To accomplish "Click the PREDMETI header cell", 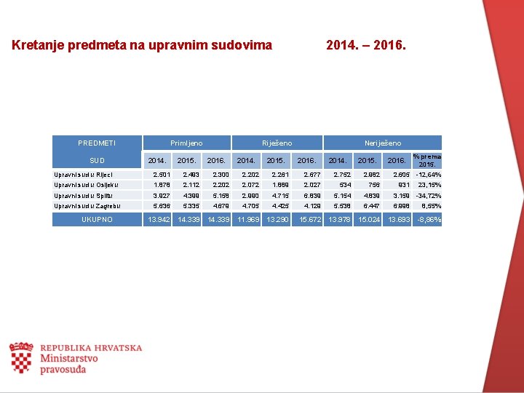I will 97,143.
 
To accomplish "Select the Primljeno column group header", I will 186,143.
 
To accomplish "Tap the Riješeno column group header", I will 277,143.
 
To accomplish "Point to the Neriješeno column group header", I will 383,143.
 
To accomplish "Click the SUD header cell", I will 97,160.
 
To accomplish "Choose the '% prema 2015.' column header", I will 426,160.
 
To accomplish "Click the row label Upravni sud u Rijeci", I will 83,175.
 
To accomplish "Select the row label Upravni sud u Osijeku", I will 85,185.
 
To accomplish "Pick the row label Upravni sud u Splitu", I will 84,196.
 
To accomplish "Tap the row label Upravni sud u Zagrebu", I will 87,206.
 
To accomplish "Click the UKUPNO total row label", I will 97,219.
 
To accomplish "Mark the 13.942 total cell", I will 159,219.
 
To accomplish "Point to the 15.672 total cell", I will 309,219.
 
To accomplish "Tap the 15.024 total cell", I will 368,219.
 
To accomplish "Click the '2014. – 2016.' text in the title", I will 367,45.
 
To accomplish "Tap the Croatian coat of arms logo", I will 20,357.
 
